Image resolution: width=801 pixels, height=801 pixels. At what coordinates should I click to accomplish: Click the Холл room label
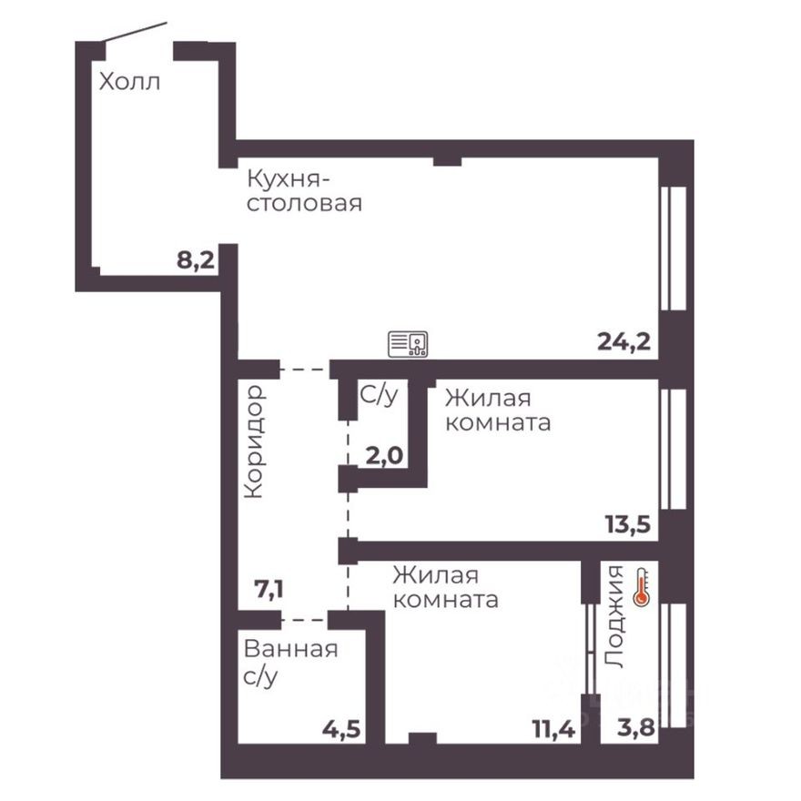pos(129,83)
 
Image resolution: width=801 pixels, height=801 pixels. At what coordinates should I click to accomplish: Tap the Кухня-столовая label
pos(303,189)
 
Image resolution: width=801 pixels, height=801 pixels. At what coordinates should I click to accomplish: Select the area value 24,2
pos(624,342)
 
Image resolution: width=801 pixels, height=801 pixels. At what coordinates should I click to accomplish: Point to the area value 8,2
pos(196,261)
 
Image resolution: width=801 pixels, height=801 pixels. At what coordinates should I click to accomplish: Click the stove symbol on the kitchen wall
pos(409,344)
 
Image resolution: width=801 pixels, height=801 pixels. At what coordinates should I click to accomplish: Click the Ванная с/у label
pos(290,663)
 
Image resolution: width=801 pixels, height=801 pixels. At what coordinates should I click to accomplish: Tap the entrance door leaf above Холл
pos(135,33)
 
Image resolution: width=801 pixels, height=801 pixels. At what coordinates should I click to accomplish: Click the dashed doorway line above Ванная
pos(304,620)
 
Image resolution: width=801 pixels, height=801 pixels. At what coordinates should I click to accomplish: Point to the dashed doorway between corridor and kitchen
pos(304,370)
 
